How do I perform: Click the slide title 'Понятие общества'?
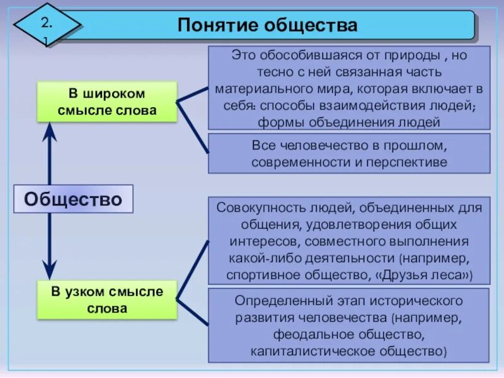268,25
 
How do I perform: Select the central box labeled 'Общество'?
73,199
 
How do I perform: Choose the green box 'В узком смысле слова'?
106,300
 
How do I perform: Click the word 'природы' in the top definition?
418,55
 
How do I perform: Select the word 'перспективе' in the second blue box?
413,162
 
